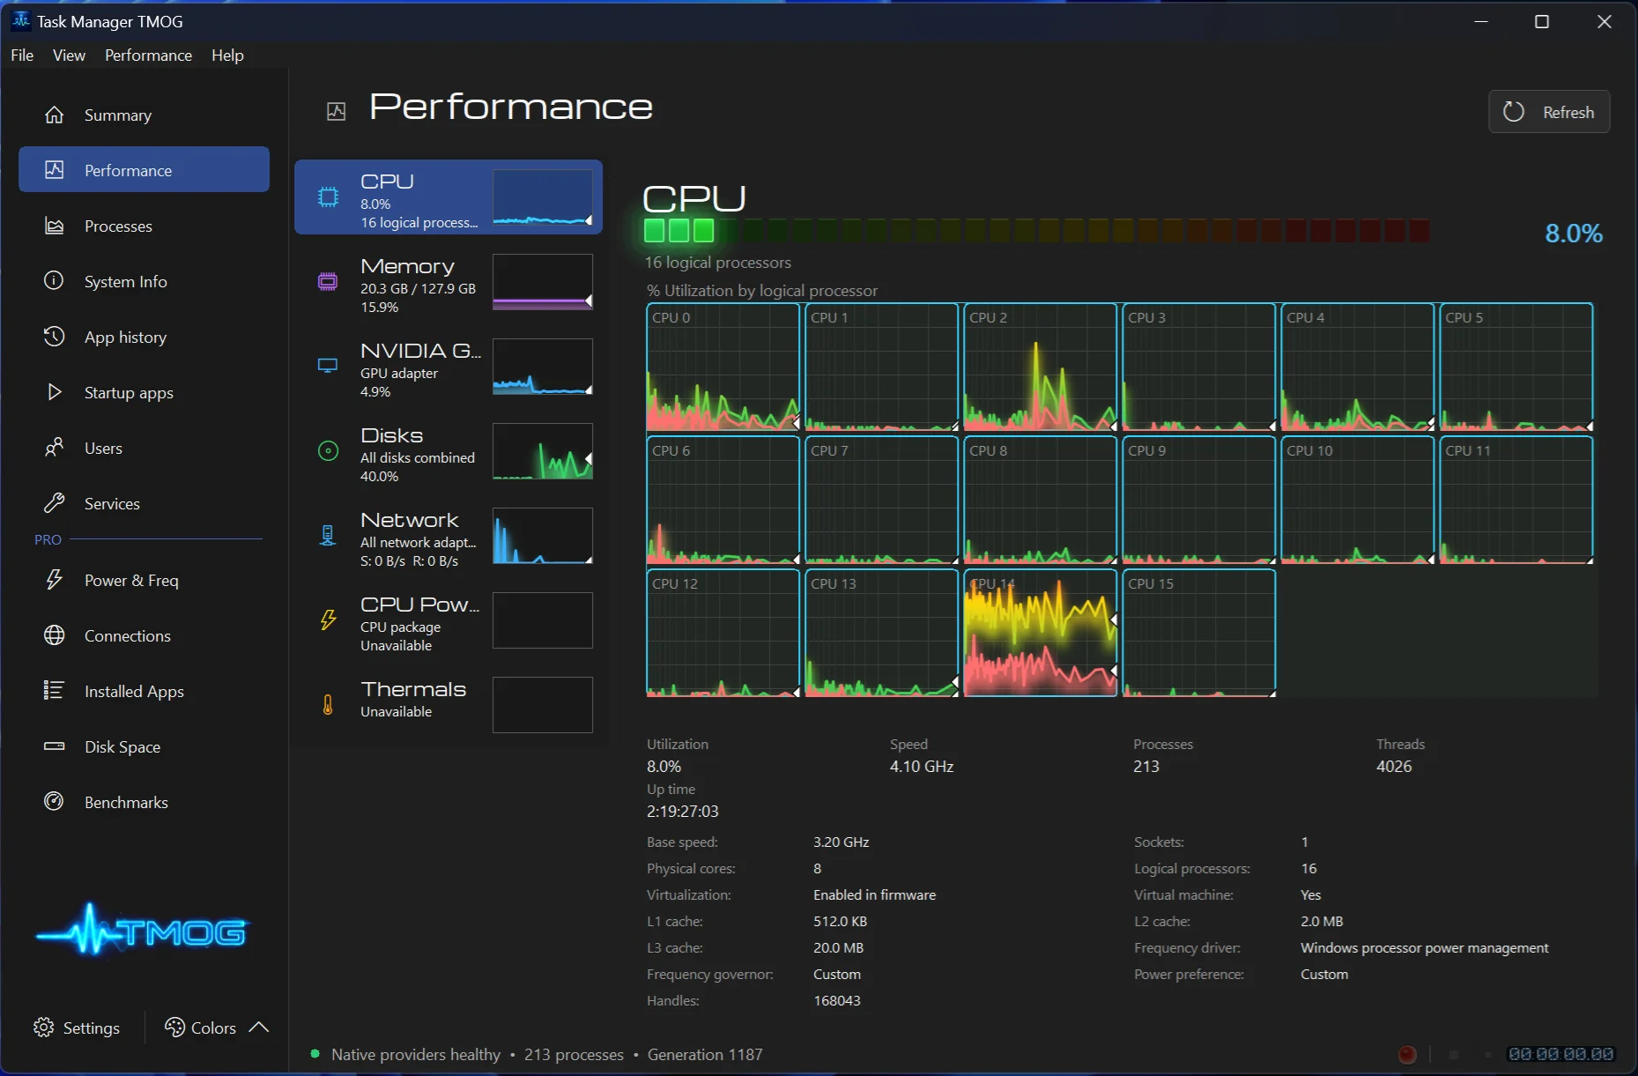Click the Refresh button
coord(1549,112)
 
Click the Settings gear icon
coord(43,1028)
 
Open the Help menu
coord(227,55)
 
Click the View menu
coord(69,55)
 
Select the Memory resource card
coord(448,282)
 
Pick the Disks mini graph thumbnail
coord(542,451)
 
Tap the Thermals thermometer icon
coord(328,704)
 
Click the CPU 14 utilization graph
coord(1041,633)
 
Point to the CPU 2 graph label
coord(988,317)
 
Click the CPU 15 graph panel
coord(1199,633)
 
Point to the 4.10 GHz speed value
coord(922,767)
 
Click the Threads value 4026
coord(1394,767)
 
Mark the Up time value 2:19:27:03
coord(683,812)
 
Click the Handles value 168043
coord(837,1000)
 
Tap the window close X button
coord(1605,21)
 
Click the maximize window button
coord(1542,21)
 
